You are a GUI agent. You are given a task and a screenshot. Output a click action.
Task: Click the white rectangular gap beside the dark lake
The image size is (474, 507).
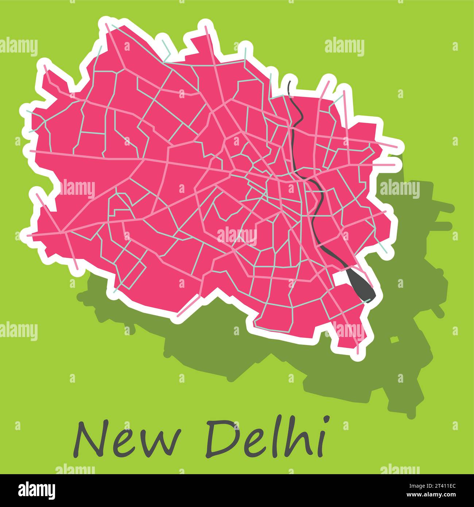pos(341,278)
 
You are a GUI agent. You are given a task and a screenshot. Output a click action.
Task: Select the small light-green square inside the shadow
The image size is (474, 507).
pos(394,340)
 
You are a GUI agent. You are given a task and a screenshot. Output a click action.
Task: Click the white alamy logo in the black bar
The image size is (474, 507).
pos(37,490)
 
